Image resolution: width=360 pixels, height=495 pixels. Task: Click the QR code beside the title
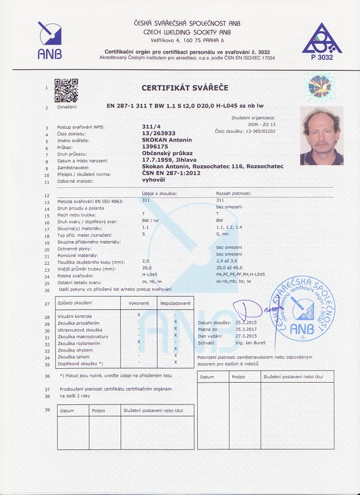66,89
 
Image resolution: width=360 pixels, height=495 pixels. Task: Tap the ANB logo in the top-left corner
49,40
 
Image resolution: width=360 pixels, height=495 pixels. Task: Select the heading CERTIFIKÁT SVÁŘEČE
185,88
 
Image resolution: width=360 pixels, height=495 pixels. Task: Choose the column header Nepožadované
175,302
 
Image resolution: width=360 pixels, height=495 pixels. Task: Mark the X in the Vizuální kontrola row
138,315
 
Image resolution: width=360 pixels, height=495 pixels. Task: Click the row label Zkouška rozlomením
79,343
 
